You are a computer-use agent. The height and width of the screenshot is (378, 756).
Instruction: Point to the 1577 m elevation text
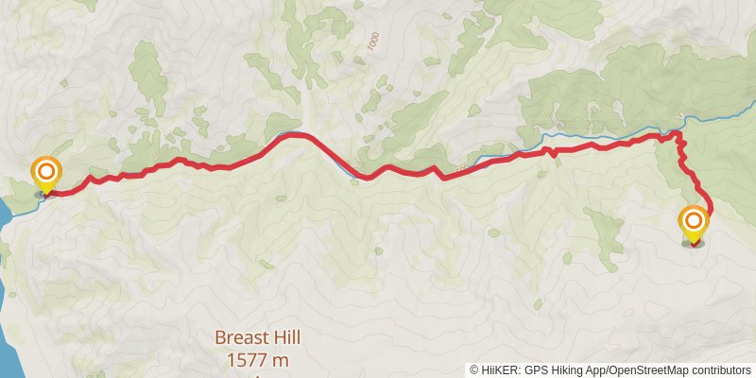(x=257, y=360)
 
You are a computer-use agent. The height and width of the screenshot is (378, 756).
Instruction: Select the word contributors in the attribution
(x=720, y=369)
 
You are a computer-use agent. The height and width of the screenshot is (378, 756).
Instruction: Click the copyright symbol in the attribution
(x=474, y=369)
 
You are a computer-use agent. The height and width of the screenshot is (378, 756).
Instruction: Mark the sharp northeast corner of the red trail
(x=677, y=135)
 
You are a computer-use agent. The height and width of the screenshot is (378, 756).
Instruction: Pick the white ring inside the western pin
(x=45, y=172)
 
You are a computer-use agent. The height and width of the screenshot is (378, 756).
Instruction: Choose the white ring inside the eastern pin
(x=693, y=222)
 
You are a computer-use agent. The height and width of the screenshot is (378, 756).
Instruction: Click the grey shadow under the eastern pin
(x=693, y=244)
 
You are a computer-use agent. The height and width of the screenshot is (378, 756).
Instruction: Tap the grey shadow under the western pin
(x=43, y=194)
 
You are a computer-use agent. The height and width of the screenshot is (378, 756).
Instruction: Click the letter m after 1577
(x=279, y=360)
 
